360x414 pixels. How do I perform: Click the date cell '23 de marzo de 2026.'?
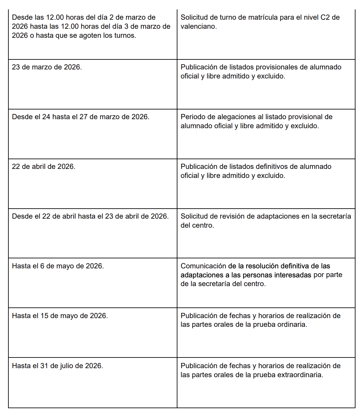point(47,67)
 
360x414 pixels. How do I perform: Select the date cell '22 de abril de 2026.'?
point(44,167)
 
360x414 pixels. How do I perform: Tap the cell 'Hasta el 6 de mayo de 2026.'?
point(58,266)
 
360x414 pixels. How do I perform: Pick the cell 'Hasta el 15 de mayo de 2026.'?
point(60,316)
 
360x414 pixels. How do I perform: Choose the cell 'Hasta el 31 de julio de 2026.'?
point(57,366)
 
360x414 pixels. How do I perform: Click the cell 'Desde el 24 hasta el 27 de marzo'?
point(81,117)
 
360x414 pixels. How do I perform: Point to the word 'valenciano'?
point(198,26)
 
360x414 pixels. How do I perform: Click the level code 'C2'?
point(325,17)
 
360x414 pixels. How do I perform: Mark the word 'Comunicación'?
point(203,266)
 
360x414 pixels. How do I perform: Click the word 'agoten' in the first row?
point(90,36)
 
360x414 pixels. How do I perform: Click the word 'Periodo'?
point(193,117)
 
